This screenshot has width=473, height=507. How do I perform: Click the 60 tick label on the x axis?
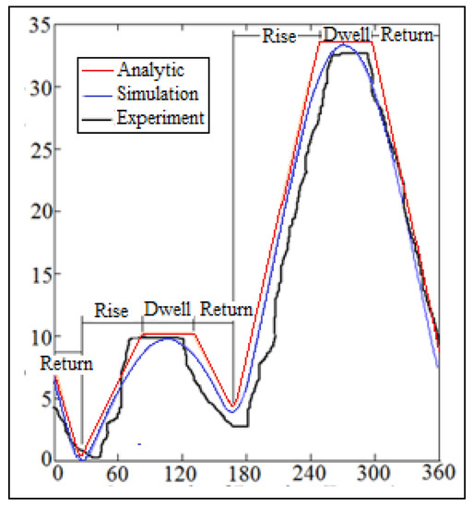coord(117,473)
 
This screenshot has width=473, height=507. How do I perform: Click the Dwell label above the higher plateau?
coord(347,36)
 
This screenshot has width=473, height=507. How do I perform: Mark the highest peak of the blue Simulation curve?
coord(343,45)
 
